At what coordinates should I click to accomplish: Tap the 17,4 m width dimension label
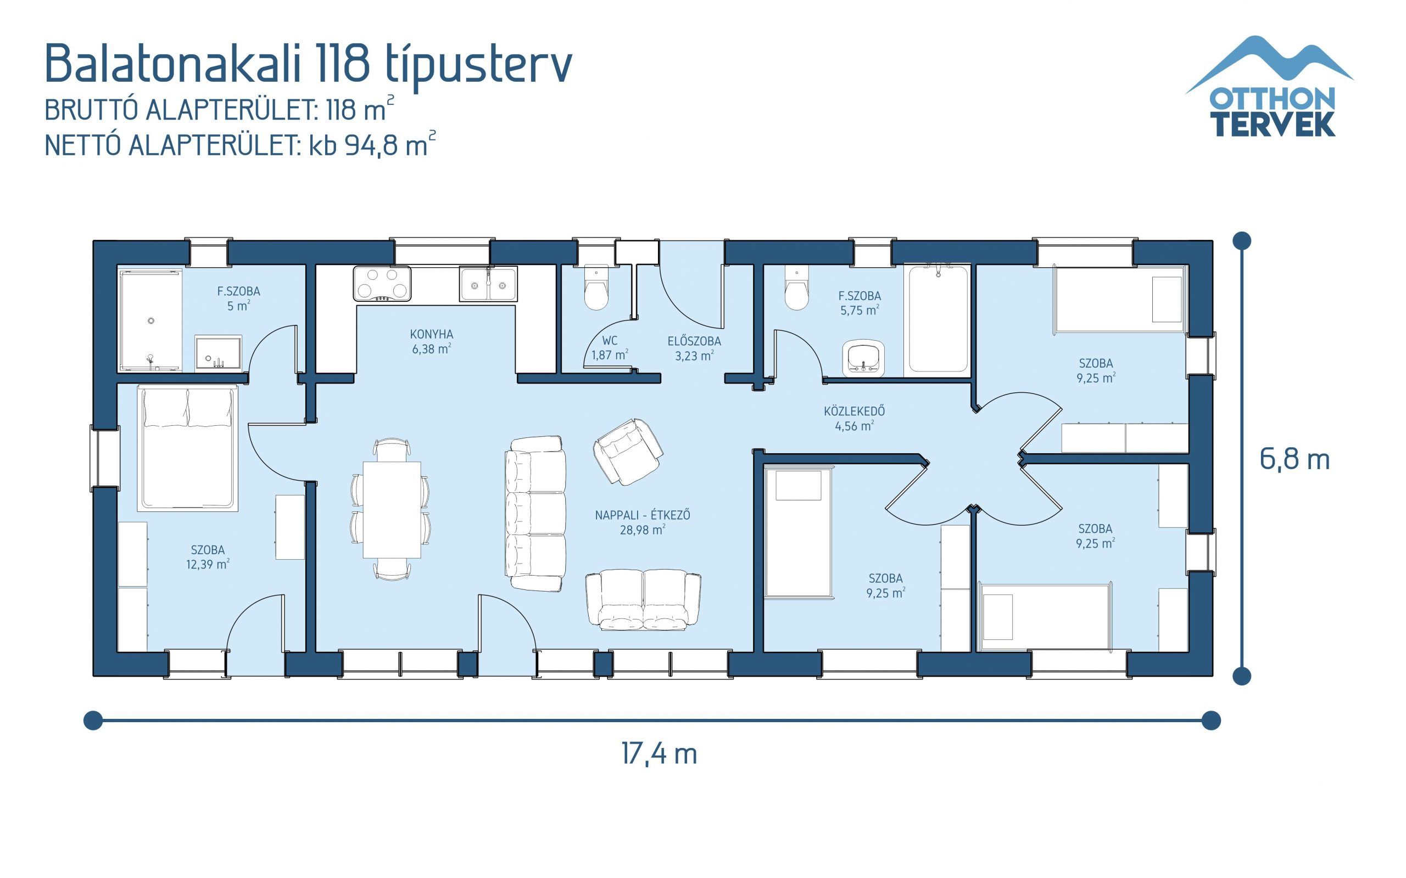coord(659,754)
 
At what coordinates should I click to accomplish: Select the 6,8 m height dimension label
coord(1295,459)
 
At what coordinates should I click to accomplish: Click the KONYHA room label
coord(431,335)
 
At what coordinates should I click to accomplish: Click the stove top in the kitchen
coord(382,283)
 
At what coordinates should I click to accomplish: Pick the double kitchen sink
coord(488,284)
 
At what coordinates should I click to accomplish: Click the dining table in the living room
coord(392,509)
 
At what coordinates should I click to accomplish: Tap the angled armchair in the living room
coord(627,452)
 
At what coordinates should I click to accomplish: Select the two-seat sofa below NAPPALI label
coord(643,600)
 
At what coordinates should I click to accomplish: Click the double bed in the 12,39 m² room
coord(188,448)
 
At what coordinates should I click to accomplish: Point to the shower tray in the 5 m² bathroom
coord(150,319)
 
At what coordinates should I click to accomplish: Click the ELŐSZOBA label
coord(694,341)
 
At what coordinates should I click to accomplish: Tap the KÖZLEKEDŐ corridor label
coord(854,411)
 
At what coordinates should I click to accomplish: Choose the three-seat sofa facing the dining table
coord(535,513)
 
